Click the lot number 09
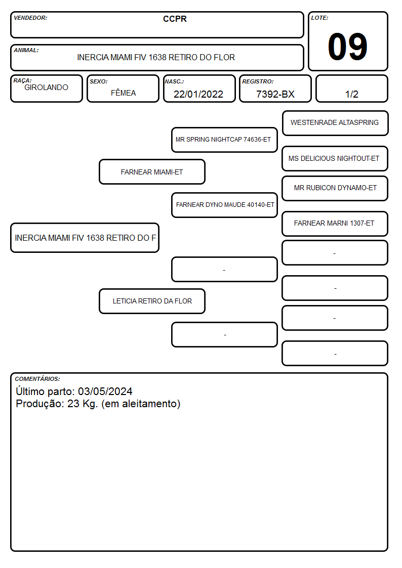tap(347, 47)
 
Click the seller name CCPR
tap(175, 19)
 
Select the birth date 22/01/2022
tap(198, 94)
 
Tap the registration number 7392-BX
tap(275, 94)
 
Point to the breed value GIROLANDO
tap(46, 88)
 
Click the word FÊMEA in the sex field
tap(123, 93)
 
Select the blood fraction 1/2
tap(351, 94)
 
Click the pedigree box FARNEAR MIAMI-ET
tap(152, 172)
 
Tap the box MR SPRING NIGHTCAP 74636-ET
tap(224, 140)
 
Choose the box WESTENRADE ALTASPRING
tap(335, 123)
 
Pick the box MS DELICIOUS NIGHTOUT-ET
tap(335, 159)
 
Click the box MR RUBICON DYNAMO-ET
tap(335, 188)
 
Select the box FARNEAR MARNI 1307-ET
tap(335, 224)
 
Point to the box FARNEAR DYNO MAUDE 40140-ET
tap(224, 205)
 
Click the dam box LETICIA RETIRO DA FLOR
tap(152, 301)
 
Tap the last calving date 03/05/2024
tap(105, 391)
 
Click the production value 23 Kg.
tap(83, 404)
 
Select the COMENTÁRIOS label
tap(37, 379)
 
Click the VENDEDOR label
tap(30, 18)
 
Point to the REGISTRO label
tap(258, 81)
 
